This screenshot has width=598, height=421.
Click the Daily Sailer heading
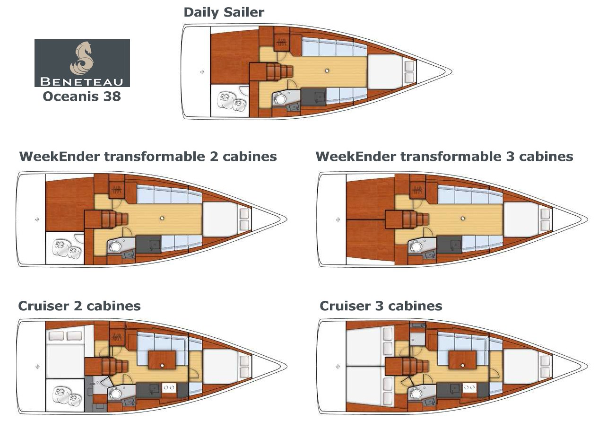coord(224,13)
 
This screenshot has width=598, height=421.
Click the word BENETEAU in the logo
coord(82,80)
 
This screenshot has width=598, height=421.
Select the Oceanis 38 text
coord(82,96)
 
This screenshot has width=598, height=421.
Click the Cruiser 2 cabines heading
coord(79,306)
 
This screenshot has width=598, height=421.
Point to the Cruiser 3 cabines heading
coord(381,306)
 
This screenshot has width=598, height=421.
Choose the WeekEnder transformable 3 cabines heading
coord(444,157)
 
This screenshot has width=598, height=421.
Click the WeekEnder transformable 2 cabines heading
coord(147,157)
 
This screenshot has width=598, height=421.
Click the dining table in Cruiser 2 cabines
coord(162,360)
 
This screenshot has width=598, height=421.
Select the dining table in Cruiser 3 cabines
coord(463,360)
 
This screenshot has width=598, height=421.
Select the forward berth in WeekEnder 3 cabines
coord(520,219)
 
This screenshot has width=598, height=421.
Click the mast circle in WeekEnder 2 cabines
coord(162,218)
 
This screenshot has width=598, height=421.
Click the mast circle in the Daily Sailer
coord(327,70)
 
